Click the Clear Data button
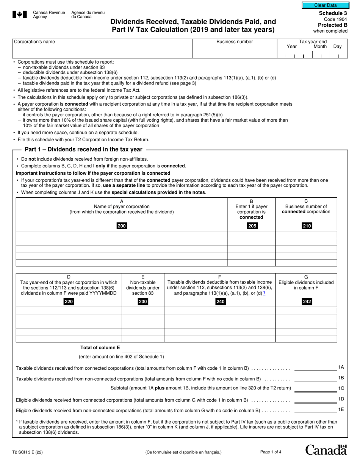(325, 5)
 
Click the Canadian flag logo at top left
(20, 15)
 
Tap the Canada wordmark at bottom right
(326, 450)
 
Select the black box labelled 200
(122, 226)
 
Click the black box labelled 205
(252, 226)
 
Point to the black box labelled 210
(306, 226)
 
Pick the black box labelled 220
(69, 302)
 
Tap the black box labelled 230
(143, 302)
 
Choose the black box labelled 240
(220, 302)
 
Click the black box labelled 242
(306, 302)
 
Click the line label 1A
(341, 367)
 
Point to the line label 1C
(341, 388)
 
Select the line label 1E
(341, 410)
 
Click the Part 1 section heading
(83, 150)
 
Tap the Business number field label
(235, 42)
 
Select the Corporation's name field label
(34, 42)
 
